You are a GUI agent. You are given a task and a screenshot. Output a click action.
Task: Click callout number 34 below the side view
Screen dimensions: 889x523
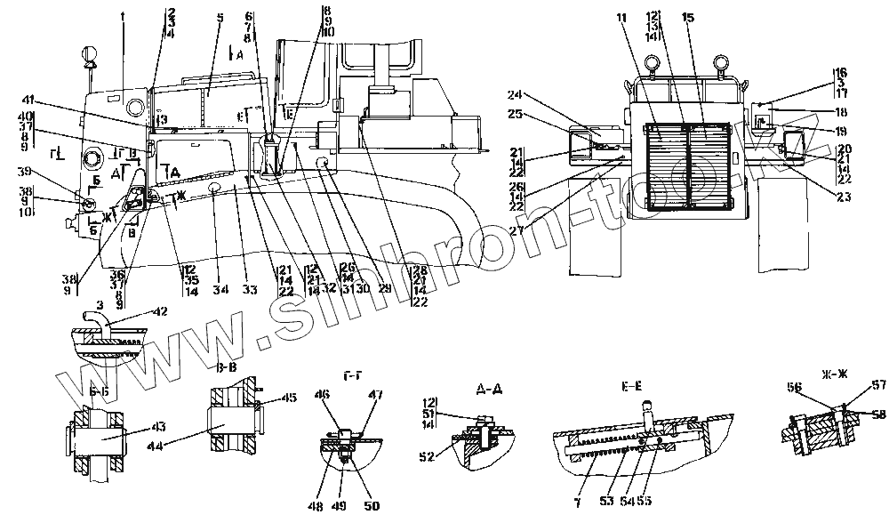click(215, 289)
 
